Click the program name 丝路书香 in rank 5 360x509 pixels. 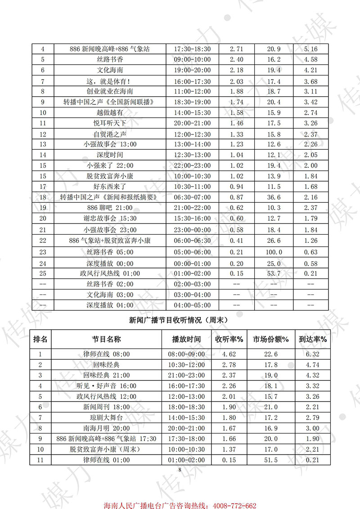(x=110, y=59)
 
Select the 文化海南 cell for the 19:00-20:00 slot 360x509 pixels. (x=110, y=70)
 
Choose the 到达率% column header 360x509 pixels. (x=312, y=339)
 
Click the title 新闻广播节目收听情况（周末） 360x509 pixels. (x=180, y=320)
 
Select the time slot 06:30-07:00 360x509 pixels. (x=193, y=198)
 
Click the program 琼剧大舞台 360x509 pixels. (x=110, y=418)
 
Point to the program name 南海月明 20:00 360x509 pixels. (x=110, y=428)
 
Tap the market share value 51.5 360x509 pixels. (x=274, y=460)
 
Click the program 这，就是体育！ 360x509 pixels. (x=110, y=81)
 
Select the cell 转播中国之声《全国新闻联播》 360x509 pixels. (x=110, y=102)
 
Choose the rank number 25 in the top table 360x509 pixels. (x=43, y=273)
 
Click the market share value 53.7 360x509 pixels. (x=274, y=273)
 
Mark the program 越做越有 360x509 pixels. (x=110, y=113)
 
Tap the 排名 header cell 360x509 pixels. (x=43, y=339)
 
